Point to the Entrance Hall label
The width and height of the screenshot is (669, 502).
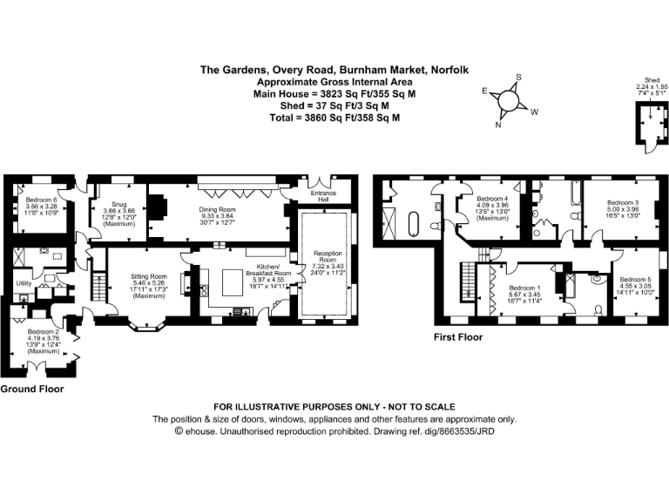[x=326, y=197]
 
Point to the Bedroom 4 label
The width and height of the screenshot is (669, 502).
[x=491, y=198]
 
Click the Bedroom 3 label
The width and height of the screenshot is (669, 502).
[x=625, y=202]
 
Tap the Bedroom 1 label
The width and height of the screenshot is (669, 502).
[x=525, y=288]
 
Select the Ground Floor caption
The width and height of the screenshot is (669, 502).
[x=31, y=389]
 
